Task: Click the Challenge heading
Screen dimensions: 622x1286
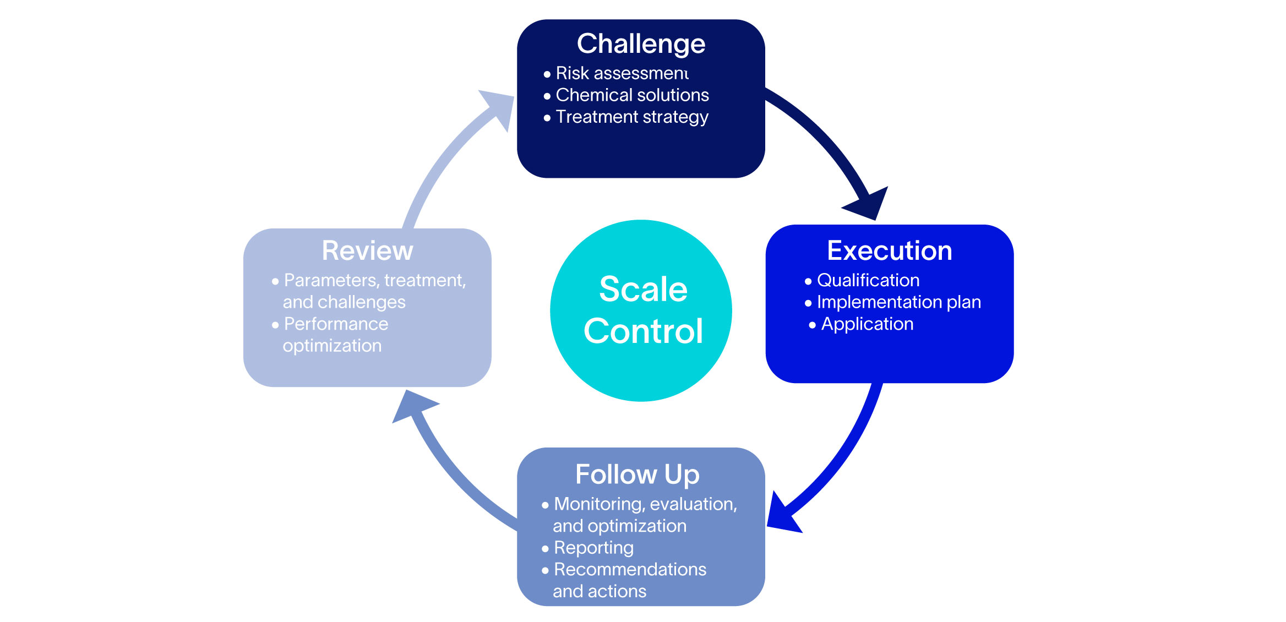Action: [641, 44]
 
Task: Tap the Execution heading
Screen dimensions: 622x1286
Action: [889, 251]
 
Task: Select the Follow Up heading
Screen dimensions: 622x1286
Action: [637, 474]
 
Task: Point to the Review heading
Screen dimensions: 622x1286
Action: [367, 251]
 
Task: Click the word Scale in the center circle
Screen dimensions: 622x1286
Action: [643, 289]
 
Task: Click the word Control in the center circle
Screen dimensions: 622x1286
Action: [643, 331]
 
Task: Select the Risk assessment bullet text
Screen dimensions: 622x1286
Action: [622, 73]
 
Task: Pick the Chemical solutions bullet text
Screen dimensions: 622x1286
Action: [632, 95]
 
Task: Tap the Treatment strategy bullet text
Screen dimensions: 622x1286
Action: [631, 117]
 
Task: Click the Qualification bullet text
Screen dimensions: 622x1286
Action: [868, 280]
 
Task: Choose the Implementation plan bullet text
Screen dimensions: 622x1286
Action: [898, 302]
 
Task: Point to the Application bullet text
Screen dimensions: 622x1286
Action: [867, 324]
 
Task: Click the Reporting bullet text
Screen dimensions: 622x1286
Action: [593, 548]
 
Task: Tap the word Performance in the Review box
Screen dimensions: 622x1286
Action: [336, 324]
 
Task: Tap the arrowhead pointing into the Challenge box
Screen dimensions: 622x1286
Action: [499, 107]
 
